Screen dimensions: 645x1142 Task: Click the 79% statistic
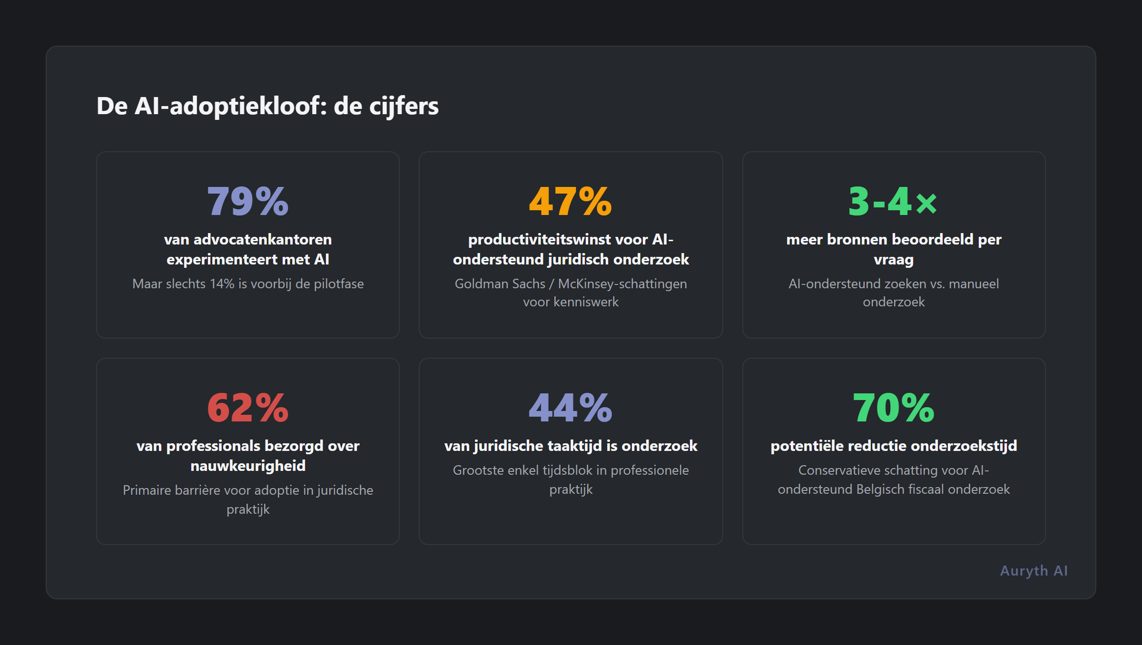pos(248,202)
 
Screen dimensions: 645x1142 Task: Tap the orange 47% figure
pos(571,202)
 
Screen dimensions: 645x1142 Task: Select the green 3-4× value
pos(893,202)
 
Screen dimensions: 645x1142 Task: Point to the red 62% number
pos(248,408)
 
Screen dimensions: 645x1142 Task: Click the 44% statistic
pos(571,408)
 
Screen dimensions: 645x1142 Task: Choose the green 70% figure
pos(893,408)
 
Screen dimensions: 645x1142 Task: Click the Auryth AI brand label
pos(1034,571)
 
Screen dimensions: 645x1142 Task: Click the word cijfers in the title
pos(404,106)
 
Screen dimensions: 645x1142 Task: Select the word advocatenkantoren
pos(262,239)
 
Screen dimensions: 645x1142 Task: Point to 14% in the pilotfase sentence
pos(222,284)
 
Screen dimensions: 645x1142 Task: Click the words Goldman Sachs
pos(500,284)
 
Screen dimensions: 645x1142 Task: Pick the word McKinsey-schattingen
pos(622,284)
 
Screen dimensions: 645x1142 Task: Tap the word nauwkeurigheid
pos(248,466)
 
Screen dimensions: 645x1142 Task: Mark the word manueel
pos(974,284)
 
